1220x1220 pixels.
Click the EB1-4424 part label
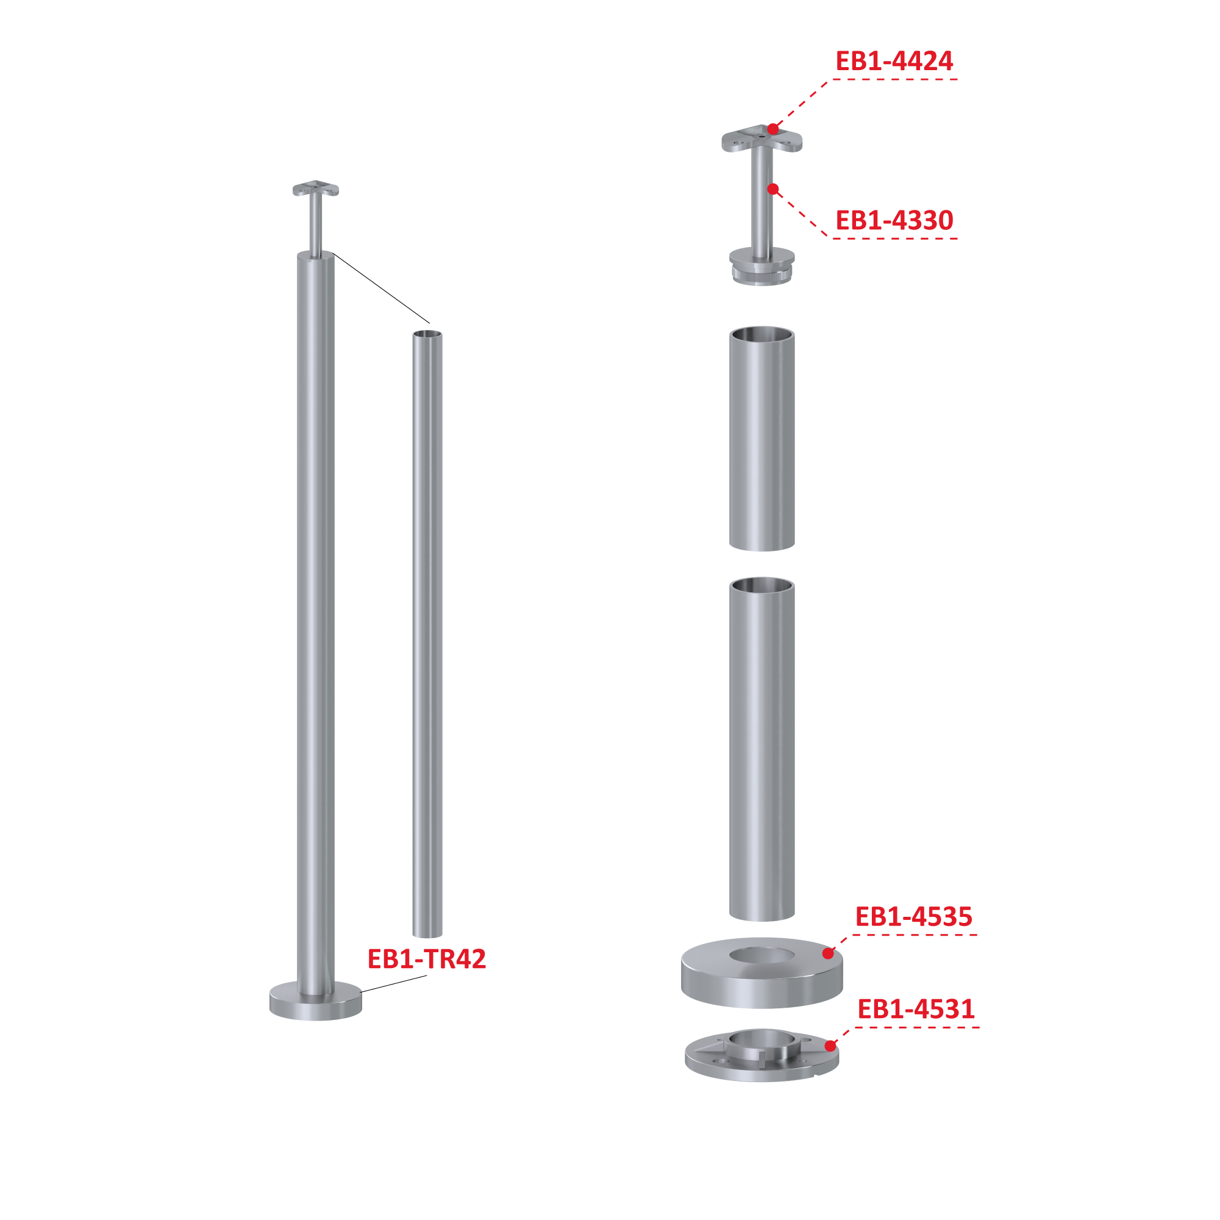coord(894,61)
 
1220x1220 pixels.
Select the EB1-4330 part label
coord(894,220)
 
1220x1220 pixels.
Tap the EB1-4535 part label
coord(914,917)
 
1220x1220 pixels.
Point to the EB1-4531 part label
coord(916,1009)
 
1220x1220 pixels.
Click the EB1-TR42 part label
coord(427,959)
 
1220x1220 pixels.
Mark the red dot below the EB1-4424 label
coord(773,129)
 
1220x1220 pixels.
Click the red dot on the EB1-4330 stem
coord(773,189)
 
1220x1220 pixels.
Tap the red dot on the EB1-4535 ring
coord(828,953)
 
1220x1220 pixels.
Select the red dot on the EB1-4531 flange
coord(830,1046)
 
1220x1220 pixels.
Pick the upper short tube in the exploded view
coord(762,439)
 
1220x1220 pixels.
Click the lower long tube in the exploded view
coord(762,748)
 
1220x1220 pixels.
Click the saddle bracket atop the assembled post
coord(316,188)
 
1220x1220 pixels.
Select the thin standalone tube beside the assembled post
coord(427,634)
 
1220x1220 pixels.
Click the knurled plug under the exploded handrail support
coord(762,275)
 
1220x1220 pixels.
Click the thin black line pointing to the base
coord(394,984)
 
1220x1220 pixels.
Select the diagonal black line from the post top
coord(382,288)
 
